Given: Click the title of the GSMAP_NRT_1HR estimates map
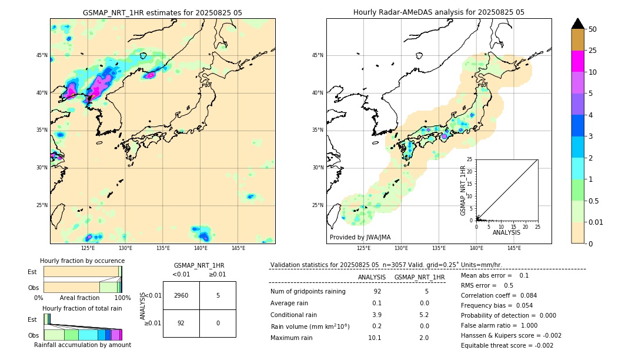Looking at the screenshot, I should (162, 12).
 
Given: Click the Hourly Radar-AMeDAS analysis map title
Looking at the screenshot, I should (439, 12).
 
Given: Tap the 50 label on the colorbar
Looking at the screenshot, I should (593, 29).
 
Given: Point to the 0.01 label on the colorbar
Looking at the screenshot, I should (596, 222).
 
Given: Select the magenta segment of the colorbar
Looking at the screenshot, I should (577, 61).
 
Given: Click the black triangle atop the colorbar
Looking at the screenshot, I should (577, 24).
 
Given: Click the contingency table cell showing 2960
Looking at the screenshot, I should (181, 295).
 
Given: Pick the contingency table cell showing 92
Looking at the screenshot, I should (181, 323).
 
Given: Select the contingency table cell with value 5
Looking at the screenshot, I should (218, 295).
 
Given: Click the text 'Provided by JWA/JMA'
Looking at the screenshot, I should (360, 238).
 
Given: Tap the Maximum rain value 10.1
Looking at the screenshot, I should (375, 338).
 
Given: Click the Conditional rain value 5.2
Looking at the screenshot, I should (424, 315).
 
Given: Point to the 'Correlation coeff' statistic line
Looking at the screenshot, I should (499, 295).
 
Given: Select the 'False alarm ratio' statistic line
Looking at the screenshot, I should (499, 325).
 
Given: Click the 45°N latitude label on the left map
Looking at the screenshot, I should (42, 55).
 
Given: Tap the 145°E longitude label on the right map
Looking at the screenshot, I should (514, 248).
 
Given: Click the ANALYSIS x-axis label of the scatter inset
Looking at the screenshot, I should (506, 232).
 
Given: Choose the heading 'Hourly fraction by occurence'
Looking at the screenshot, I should (82, 261).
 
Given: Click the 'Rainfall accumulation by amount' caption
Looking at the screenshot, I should (82, 345).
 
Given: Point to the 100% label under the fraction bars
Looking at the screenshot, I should (122, 298).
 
